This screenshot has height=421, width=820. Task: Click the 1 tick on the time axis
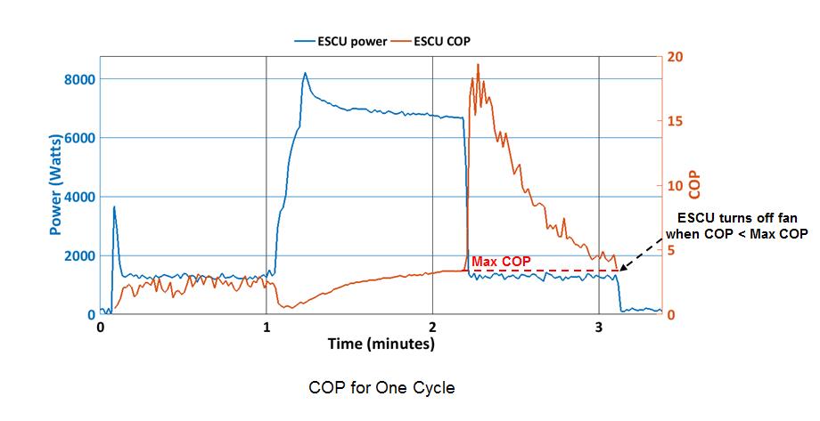pos(266,328)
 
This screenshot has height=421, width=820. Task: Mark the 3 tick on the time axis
pos(599,328)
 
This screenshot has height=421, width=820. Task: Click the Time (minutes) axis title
pos(381,344)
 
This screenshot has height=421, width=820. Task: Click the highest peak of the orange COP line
pos(478,64)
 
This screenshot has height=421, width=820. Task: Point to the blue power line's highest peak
pos(305,73)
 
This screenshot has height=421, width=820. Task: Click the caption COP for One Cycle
pos(381,389)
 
